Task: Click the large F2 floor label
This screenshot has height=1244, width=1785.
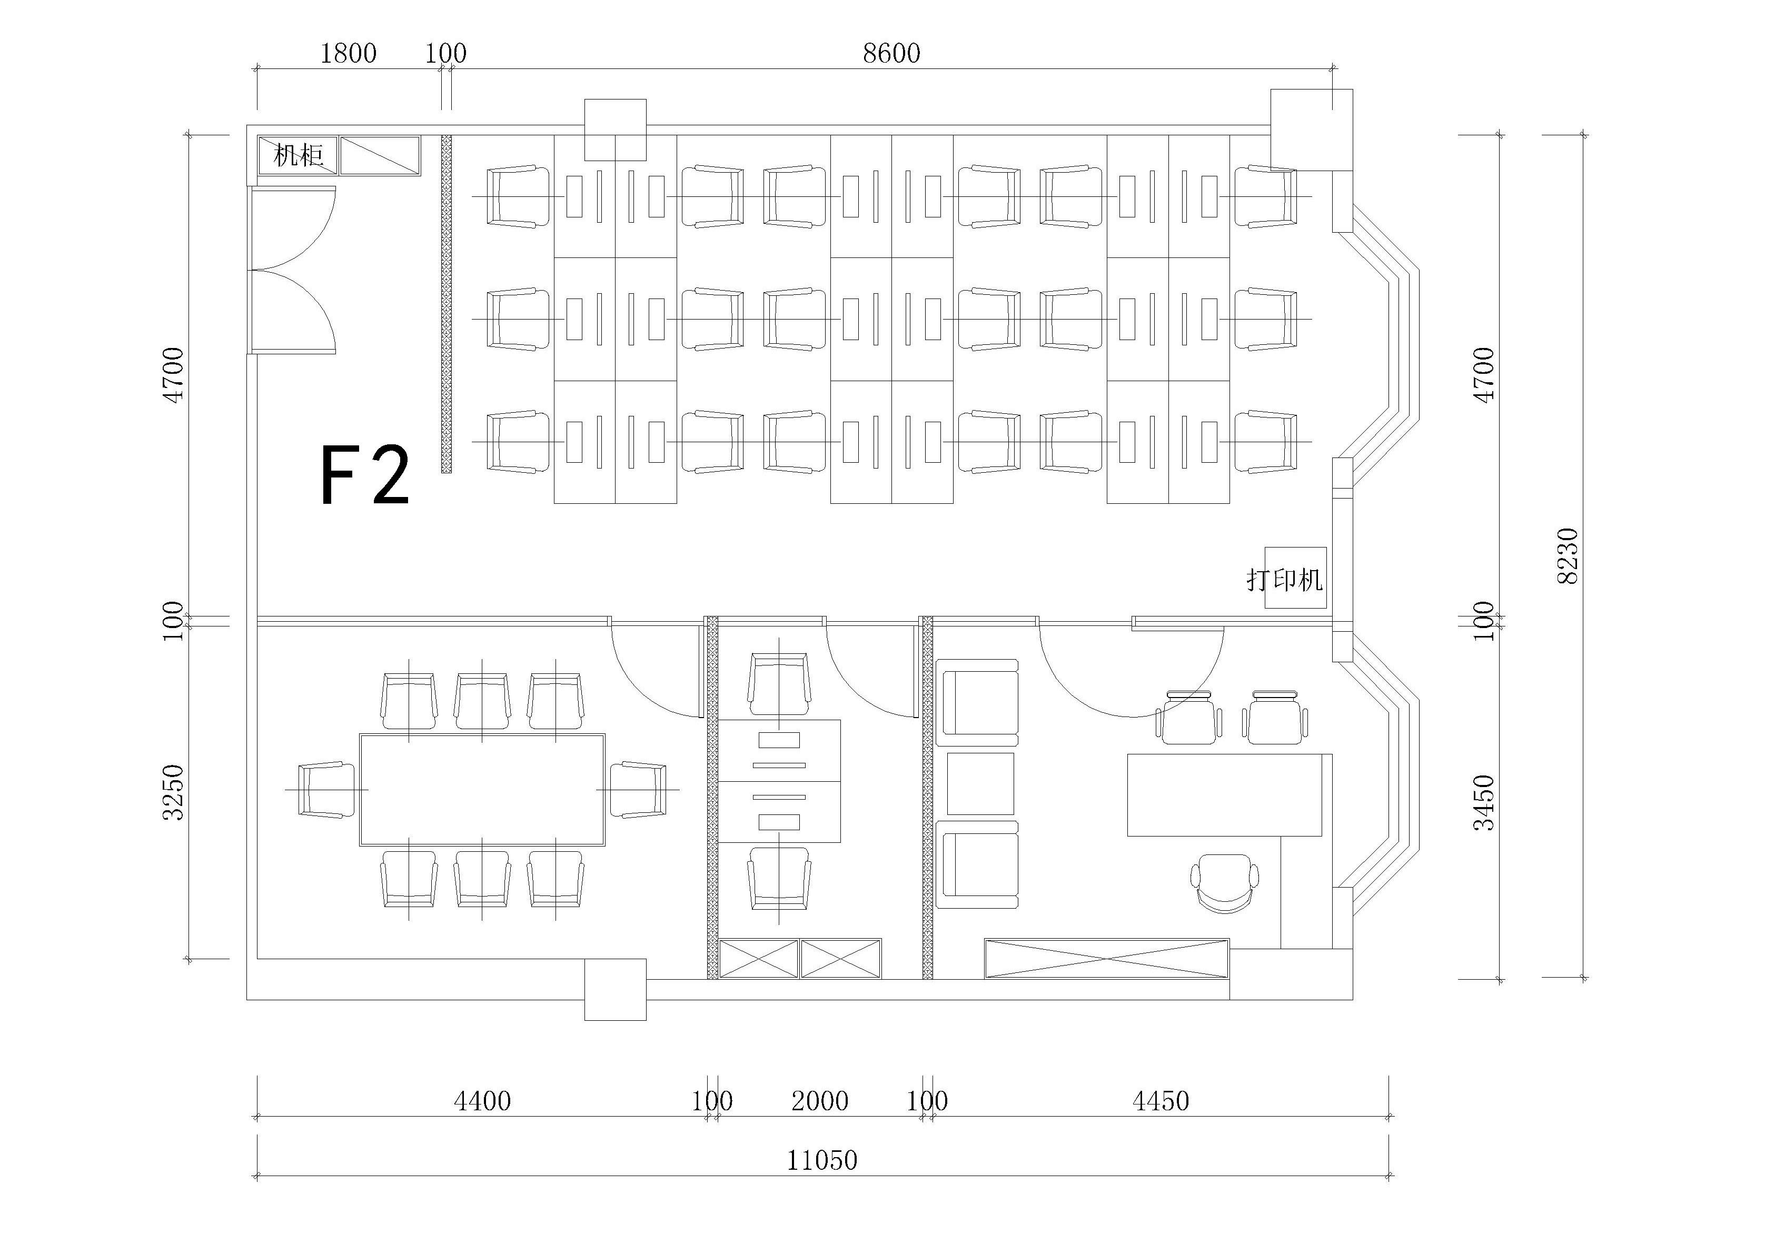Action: pos(364,476)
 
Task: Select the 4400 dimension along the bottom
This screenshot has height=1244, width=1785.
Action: pos(482,1101)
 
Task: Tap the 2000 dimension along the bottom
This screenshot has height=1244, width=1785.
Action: pos(819,1101)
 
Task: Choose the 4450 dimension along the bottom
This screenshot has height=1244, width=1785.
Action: pos(1160,1101)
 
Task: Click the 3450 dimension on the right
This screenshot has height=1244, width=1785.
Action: pos(1483,802)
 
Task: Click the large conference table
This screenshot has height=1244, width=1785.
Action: pos(482,789)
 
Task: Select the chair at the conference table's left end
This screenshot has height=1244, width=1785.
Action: pos(326,789)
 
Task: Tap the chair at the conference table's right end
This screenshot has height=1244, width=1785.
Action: pos(638,789)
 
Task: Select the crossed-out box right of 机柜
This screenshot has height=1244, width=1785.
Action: pos(380,155)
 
